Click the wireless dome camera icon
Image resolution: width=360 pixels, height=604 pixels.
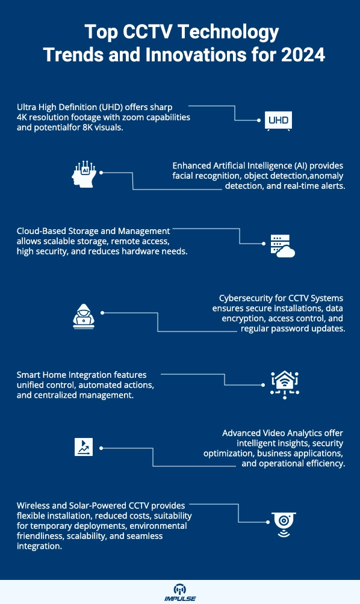(x=282, y=522)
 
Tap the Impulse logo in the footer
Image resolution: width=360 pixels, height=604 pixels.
(x=180, y=592)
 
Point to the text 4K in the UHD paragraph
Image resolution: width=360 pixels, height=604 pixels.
(x=22, y=117)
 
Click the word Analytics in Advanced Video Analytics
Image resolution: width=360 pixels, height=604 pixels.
(x=303, y=433)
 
